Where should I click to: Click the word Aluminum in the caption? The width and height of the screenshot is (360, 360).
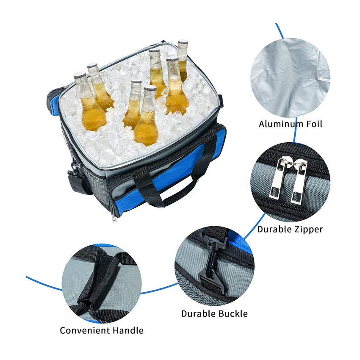277,124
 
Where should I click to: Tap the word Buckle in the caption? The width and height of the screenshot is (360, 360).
233,313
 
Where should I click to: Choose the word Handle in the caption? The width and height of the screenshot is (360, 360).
128,330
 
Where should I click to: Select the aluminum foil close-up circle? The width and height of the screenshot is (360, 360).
290,78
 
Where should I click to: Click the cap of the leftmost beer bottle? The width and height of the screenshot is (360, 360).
80,75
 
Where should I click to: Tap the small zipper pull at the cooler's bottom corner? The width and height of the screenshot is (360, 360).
114,218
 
